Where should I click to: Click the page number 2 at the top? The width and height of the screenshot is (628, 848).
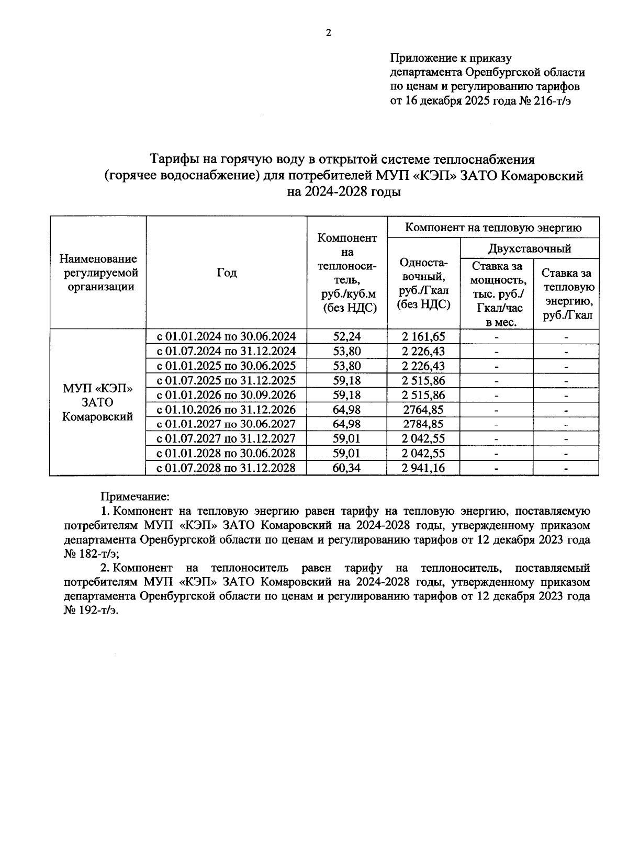[328, 33]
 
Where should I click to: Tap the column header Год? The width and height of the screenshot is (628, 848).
[226, 273]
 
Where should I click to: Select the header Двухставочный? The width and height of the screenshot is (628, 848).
[529, 248]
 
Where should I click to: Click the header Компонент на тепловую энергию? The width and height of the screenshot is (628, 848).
[494, 228]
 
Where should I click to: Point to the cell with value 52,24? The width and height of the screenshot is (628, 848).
[346, 336]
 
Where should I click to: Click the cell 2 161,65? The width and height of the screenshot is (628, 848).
[423, 336]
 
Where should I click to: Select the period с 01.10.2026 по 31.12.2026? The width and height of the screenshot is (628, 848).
[226, 409]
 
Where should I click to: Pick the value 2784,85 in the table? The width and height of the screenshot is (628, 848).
[423, 424]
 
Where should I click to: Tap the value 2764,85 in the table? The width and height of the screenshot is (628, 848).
[423, 409]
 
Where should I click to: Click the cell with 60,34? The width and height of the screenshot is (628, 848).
[346, 468]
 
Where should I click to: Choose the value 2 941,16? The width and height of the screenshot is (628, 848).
[423, 468]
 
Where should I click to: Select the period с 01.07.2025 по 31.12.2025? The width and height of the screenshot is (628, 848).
[226, 380]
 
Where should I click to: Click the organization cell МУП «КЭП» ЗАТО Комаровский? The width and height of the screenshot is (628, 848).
[97, 402]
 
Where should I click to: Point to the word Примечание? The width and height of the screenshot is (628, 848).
[135, 495]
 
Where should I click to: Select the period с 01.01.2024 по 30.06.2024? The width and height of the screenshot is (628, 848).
[226, 336]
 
